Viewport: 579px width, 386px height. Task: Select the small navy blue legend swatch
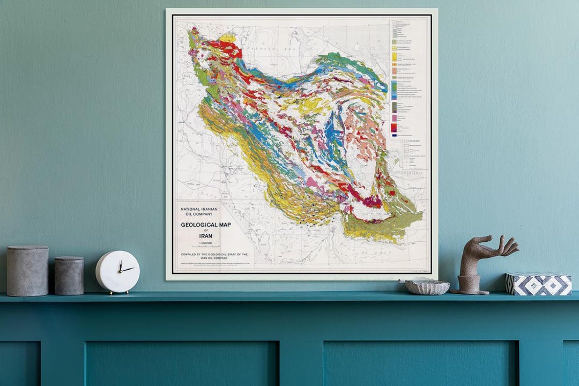(394, 136)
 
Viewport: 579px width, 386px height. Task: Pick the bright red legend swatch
(394, 127)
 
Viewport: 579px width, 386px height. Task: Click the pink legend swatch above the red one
(394, 117)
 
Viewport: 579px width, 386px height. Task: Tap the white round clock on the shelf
(118, 272)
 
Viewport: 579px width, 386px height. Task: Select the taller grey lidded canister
(27, 271)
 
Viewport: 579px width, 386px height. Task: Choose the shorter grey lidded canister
(69, 276)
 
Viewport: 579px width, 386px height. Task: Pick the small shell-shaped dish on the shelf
(427, 287)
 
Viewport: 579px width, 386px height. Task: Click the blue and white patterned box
(538, 284)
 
